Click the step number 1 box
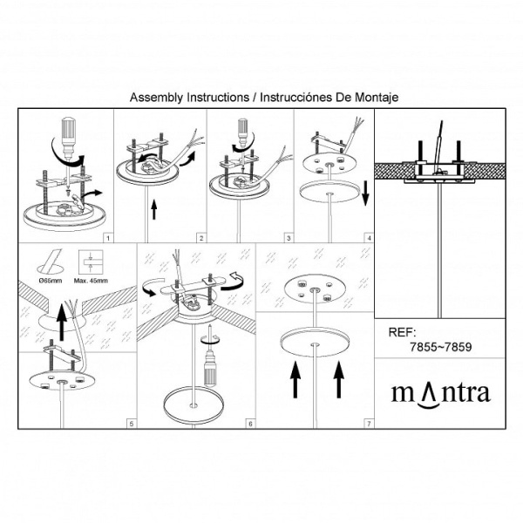tap(108, 238)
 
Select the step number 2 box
tap(200, 238)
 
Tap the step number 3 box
tap(289, 238)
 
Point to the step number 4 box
tap(369, 238)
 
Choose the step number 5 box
tap(132, 424)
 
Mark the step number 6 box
tap(250, 424)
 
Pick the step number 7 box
tap(369, 424)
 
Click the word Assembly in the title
tap(156, 98)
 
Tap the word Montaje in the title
tap(377, 98)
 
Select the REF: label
tap(402, 332)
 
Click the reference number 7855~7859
tap(440, 347)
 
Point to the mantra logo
tap(440, 395)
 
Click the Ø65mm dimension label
tap(51, 281)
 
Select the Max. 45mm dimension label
tap(91, 281)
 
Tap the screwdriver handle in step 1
tap(68, 129)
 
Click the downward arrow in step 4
tap(365, 194)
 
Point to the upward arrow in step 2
tap(153, 209)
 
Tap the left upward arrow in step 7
tap(295, 380)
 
